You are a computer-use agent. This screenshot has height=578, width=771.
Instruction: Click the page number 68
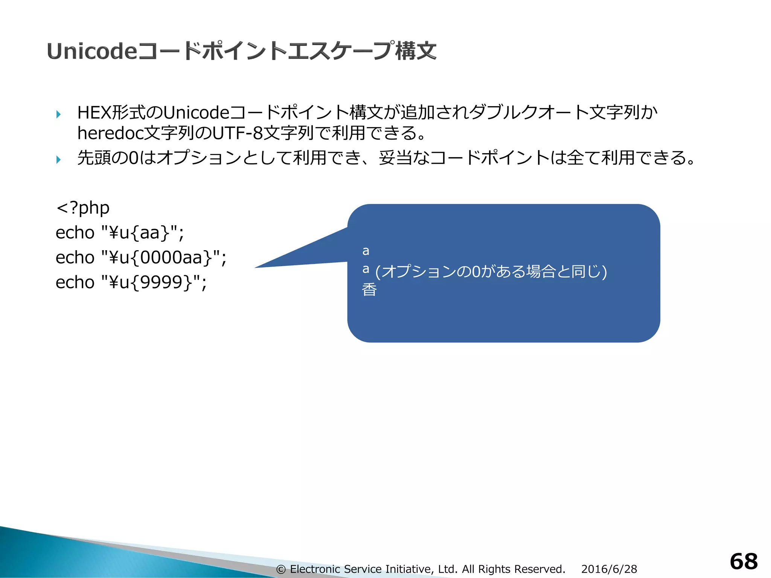(744, 561)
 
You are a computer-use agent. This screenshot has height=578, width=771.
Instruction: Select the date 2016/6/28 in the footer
(609, 569)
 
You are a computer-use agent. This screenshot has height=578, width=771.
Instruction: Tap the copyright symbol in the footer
(281, 569)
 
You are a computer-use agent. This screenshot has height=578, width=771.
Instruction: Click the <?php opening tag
(83, 207)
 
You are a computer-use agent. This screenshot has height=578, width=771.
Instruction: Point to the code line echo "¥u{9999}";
(131, 282)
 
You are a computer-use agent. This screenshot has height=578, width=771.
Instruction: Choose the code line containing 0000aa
(141, 257)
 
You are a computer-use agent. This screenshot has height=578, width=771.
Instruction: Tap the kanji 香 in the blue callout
(369, 290)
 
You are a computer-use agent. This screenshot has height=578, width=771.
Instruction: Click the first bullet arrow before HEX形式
(58, 114)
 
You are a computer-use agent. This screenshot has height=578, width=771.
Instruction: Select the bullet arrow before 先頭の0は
(58, 159)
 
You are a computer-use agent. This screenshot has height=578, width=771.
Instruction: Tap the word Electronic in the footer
(315, 569)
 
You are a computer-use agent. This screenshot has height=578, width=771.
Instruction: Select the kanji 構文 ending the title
(416, 51)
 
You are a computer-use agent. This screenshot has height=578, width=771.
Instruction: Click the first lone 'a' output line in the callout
(366, 251)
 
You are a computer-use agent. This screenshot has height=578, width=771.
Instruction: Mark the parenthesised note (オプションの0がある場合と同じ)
(491, 271)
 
